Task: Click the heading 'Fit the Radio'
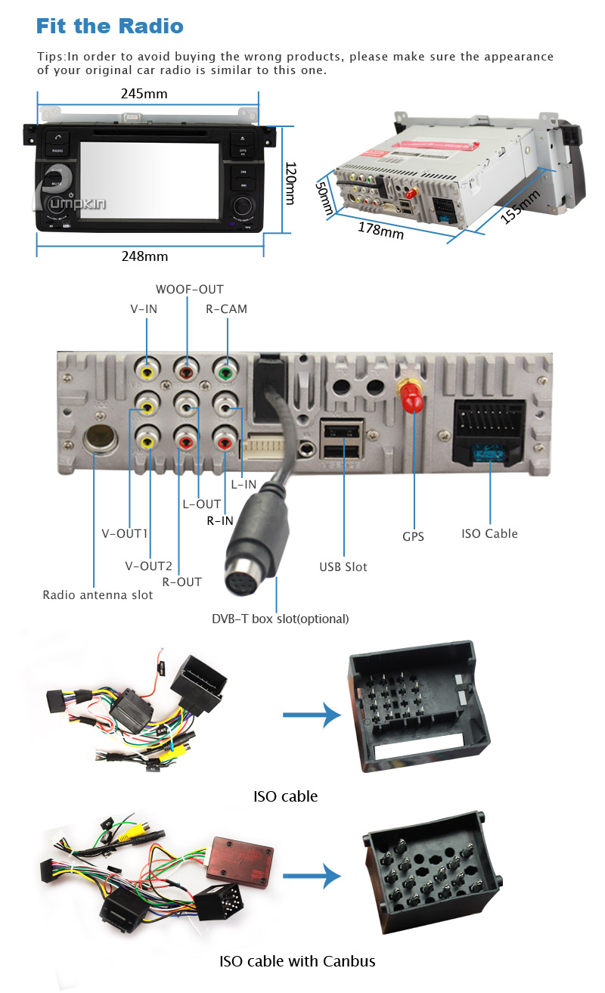[110, 26]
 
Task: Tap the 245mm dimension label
[144, 95]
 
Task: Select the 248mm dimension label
[144, 256]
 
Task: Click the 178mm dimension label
[380, 229]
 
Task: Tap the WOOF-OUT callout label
[189, 290]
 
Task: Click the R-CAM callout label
[226, 309]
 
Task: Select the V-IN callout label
[143, 309]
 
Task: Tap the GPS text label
[413, 537]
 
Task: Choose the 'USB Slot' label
[343, 566]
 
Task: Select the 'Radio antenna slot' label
[98, 595]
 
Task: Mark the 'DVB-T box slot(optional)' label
[280, 619]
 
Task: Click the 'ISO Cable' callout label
[489, 534]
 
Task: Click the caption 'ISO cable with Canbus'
[297, 962]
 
